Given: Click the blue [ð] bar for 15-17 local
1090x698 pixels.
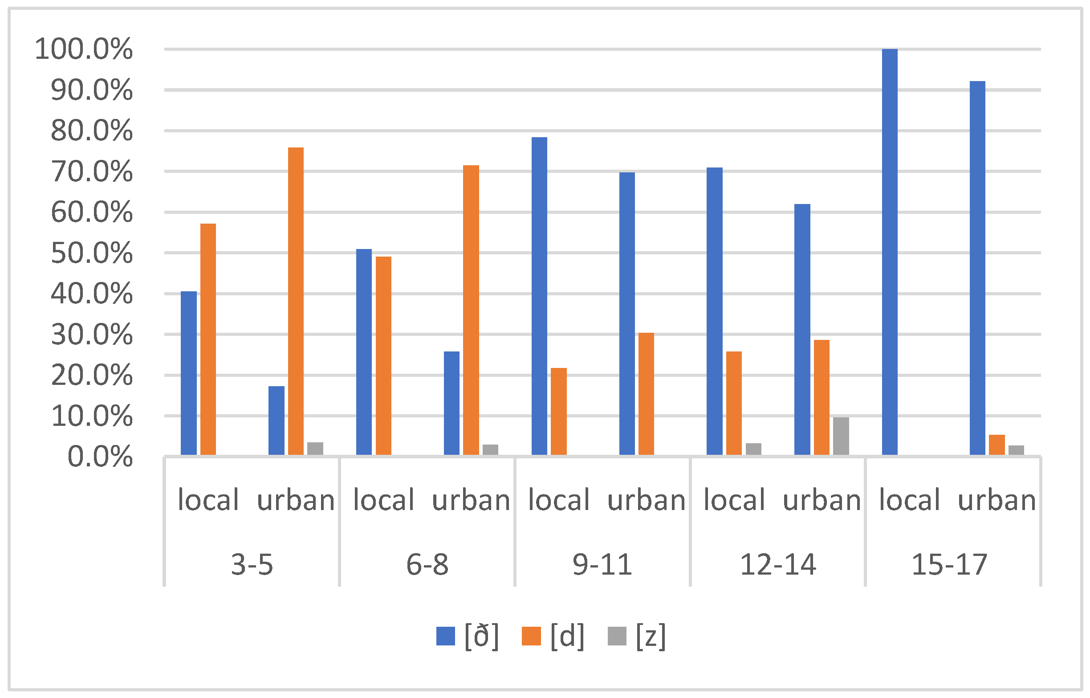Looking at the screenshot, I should pyautogui.click(x=889, y=252).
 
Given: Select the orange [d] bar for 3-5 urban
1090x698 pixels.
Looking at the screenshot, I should pyautogui.click(x=296, y=302).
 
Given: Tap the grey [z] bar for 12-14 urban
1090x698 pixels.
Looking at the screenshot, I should pyautogui.click(x=841, y=436).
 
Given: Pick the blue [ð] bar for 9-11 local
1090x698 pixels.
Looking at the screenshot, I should pyautogui.click(x=539, y=296).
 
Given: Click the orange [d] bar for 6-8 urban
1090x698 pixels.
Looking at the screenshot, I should pyautogui.click(x=471, y=310).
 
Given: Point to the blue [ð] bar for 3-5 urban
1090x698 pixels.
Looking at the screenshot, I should pyautogui.click(x=277, y=420).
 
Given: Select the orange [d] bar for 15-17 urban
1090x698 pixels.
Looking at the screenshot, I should pyautogui.click(x=996, y=445).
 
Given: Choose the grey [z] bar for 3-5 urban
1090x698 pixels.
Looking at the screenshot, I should pyautogui.click(x=315, y=448).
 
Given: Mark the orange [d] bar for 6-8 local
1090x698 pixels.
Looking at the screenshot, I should pyautogui.click(x=383, y=356).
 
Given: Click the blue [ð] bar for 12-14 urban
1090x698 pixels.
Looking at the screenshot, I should pyautogui.click(x=802, y=330).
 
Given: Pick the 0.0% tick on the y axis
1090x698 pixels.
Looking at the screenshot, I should pyautogui.click(x=100, y=457).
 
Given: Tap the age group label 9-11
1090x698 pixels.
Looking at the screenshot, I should pyautogui.click(x=602, y=565).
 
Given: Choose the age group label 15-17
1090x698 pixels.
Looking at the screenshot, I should pyautogui.click(x=949, y=565).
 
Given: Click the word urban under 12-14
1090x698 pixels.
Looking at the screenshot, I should pyautogui.click(x=822, y=500).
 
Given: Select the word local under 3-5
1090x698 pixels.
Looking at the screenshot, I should pyautogui.click(x=208, y=500).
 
